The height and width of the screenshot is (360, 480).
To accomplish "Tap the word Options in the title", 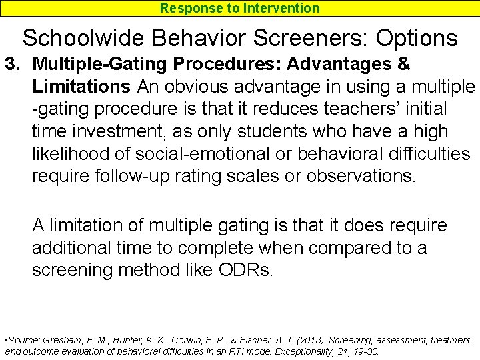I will [417, 37].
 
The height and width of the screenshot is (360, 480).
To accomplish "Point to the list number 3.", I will [11, 65].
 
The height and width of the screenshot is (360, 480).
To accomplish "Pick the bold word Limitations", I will [81, 87].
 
